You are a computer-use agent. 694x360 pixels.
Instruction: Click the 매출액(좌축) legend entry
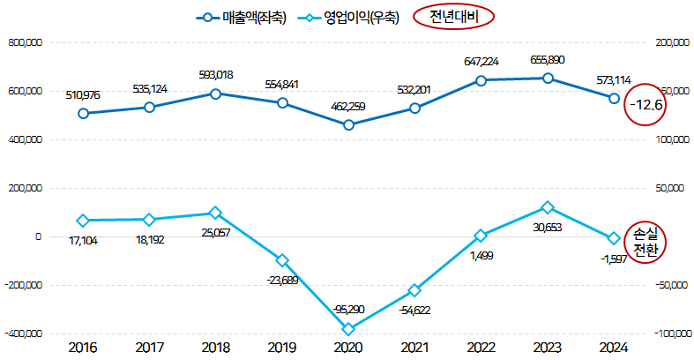coord(237,16)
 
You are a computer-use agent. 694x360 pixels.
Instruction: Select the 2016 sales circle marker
coord(83,113)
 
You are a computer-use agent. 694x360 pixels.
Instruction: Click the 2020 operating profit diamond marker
coord(348,329)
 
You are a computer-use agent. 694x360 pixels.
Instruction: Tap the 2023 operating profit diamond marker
coord(548,207)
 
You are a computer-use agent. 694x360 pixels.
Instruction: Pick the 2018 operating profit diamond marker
coord(215,213)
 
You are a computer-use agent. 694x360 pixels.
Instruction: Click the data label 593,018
coord(215,75)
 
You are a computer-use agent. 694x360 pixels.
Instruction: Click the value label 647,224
coord(481,62)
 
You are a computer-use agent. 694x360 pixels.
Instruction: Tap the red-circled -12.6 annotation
coord(645,105)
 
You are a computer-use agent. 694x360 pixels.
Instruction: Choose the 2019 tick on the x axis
coord(281,348)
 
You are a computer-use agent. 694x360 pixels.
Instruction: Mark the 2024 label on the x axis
coord(614,348)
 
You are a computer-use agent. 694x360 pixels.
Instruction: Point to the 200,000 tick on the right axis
coord(670,42)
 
